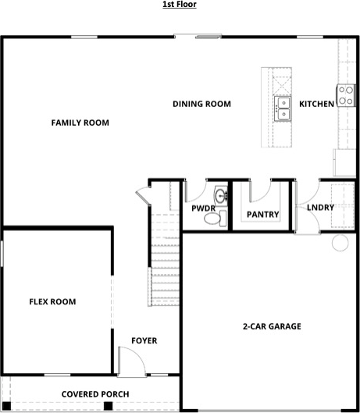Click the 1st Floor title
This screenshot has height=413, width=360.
[179, 5]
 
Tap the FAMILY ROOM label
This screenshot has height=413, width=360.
[80, 123]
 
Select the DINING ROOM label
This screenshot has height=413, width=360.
[201, 104]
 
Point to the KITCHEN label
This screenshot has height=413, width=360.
[317, 104]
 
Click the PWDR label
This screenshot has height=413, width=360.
[203, 208]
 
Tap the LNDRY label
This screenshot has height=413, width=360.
[320, 207]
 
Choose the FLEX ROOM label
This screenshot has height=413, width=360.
[52, 302]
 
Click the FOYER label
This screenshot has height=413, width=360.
[144, 340]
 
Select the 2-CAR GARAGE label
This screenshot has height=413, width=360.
[272, 326]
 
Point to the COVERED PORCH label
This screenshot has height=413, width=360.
[95, 394]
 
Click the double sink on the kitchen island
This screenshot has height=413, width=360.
[283, 109]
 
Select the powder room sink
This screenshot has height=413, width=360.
[221, 195]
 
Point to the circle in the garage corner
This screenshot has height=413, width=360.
[340, 243]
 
